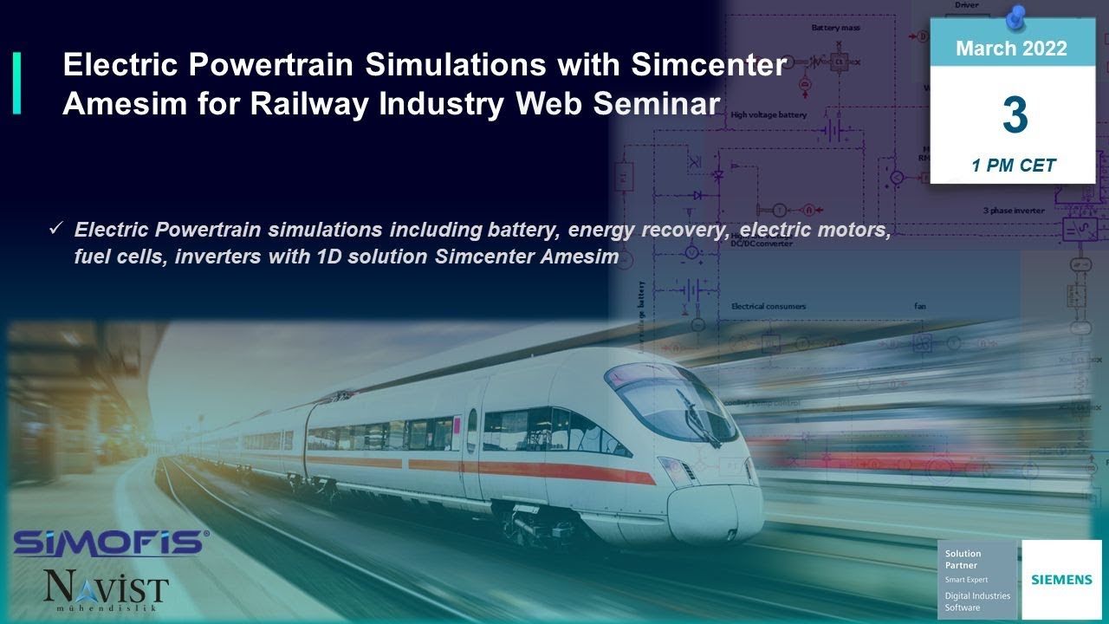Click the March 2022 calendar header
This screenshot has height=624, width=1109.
click(1011, 49)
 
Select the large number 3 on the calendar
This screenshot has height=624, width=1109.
click(1014, 116)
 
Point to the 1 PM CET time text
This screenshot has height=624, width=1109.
click(1013, 166)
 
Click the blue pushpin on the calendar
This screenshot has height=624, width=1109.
click(1017, 15)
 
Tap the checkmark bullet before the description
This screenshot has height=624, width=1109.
click(55, 230)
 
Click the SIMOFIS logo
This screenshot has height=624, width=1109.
click(109, 543)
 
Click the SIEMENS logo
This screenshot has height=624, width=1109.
click(1061, 579)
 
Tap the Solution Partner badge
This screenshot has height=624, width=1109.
click(978, 580)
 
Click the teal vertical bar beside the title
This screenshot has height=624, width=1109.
click(16, 83)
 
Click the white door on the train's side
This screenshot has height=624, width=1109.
click(471, 451)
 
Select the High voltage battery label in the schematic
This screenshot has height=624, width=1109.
click(768, 114)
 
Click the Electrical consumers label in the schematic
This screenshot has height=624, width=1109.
click(768, 306)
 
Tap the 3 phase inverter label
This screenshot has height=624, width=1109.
click(1013, 211)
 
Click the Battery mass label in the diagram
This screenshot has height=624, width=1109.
click(835, 28)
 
